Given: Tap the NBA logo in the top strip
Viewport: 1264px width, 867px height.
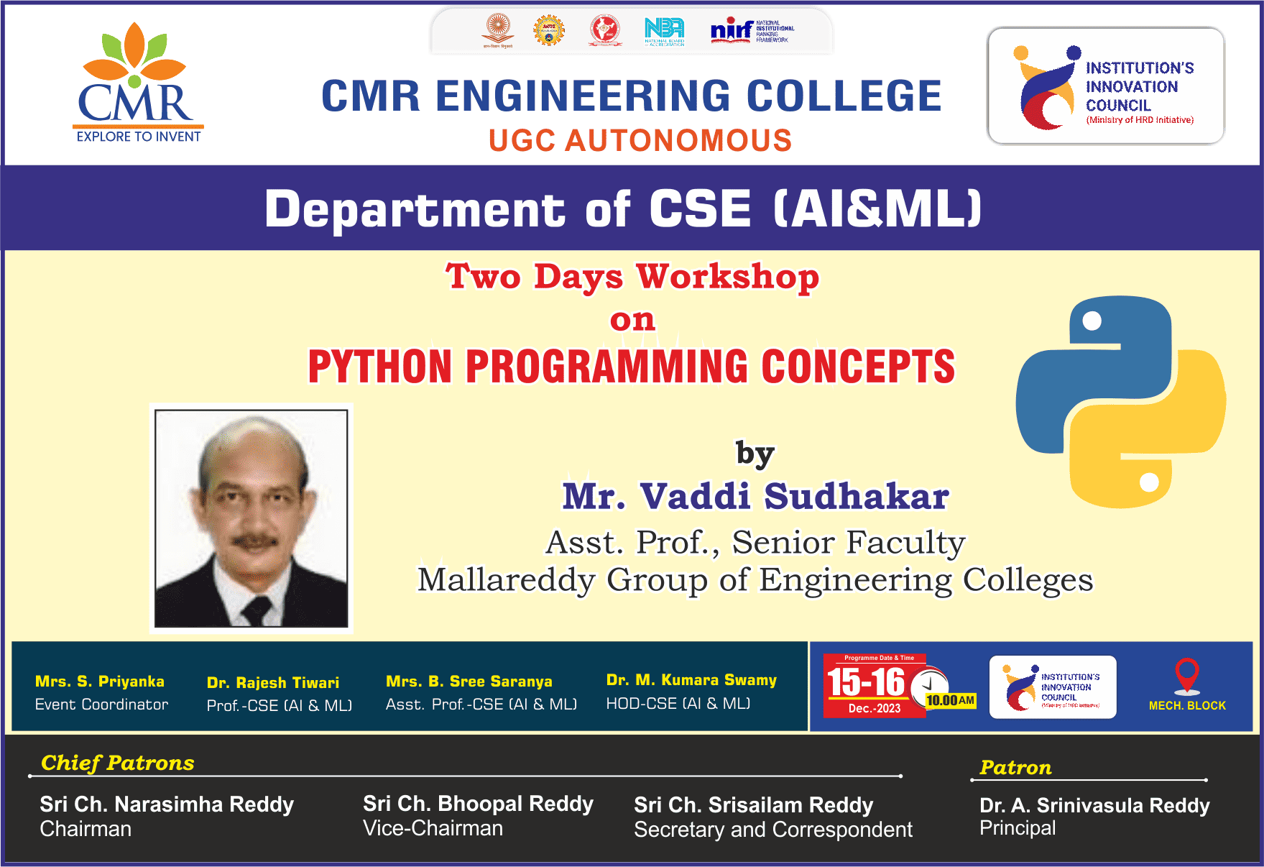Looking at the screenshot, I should (x=664, y=30).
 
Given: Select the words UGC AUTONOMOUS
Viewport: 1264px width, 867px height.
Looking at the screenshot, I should (x=640, y=141).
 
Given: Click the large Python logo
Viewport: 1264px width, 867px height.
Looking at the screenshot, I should (x=1120, y=403).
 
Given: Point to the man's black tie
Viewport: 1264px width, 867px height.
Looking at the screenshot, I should (x=255, y=611).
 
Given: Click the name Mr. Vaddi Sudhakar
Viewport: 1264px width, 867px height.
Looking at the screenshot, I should (x=755, y=497).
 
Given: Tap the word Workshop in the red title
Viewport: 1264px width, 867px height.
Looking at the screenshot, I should (x=727, y=277).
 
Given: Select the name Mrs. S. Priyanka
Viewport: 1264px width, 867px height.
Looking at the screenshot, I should (x=100, y=682).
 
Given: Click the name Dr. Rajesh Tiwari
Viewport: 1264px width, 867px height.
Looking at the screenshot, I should (x=273, y=683).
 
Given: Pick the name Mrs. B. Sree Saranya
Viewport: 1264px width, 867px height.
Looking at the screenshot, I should (x=469, y=682).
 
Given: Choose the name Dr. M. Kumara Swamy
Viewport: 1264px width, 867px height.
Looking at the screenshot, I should (x=691, y=680).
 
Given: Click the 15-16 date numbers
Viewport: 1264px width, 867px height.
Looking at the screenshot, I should (x=865, y=682).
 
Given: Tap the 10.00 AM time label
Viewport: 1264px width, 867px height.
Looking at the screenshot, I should (x=950, y=700).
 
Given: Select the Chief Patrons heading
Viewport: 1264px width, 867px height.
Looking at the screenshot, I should (x=117, y=763).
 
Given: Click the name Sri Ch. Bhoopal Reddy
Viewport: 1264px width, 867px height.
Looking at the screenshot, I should (x=478, y=804).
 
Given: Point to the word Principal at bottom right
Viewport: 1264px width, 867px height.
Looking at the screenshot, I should (x=1017, y=828).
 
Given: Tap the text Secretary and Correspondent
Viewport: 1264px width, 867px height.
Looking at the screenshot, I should (x=772, y=830).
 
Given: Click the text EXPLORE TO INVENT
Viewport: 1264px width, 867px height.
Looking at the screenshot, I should (x=139, y=137).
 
